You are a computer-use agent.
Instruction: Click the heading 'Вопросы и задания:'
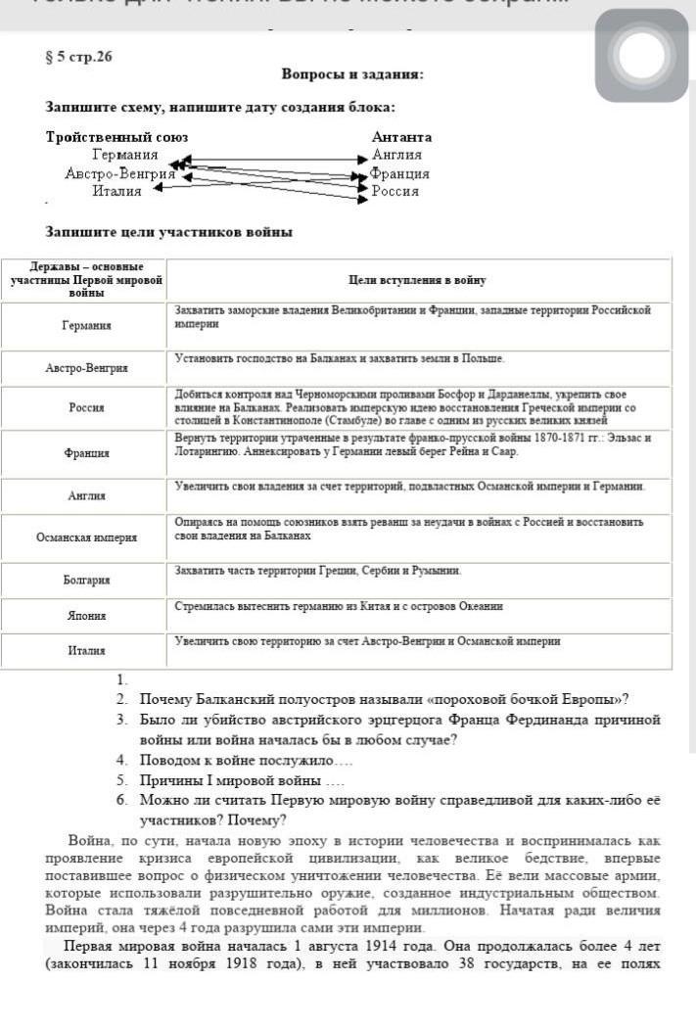(352, 74)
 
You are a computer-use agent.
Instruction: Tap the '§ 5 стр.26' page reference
(79, 57)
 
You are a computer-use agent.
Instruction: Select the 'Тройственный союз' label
(117, 137)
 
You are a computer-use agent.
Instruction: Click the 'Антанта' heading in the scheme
(401, 137)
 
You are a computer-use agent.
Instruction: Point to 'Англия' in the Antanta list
(396, 155)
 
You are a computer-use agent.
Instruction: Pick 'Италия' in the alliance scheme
(117, 191)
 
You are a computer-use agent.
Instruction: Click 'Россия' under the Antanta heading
(395, 191)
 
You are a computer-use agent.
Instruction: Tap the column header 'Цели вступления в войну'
(418, 280)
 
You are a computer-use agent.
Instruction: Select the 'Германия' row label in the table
(85, 325)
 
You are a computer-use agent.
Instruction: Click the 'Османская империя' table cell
(85, 537)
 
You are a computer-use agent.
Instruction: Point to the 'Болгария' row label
(85, 580)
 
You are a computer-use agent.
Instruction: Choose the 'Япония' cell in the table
(85, 616)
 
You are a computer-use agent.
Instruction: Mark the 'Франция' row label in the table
(85, 453)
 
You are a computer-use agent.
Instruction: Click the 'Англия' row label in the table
(85, 496)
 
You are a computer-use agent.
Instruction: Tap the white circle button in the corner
(641, 55)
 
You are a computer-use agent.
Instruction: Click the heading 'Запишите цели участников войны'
(169, 232)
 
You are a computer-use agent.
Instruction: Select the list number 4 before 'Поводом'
(121, 760)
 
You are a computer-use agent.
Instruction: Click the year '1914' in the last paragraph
(387, 946)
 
